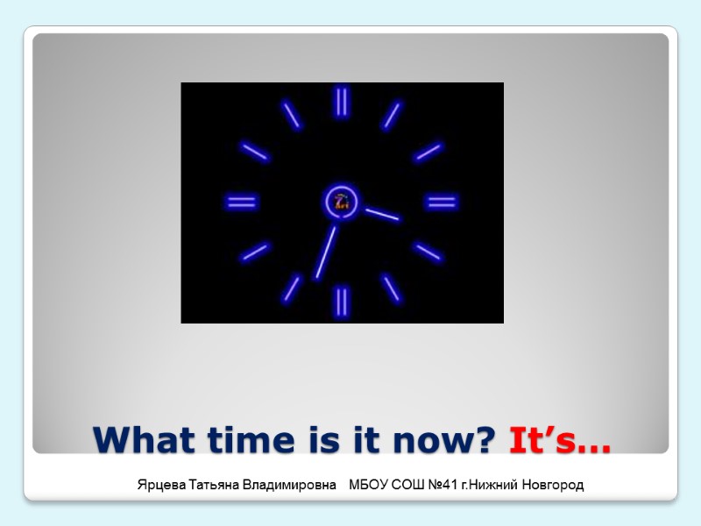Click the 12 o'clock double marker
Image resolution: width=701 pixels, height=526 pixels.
[342, 102]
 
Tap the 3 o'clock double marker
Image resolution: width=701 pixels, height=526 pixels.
[441, 203]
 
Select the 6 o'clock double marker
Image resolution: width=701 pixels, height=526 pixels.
[342, 302]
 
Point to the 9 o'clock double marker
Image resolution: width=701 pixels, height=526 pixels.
[242, 203]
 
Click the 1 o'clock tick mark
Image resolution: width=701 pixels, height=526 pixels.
[392, 115]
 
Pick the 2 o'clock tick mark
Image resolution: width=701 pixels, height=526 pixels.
[428, 153]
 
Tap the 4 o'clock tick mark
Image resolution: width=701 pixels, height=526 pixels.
[428, 252]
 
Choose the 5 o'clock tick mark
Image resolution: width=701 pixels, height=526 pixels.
[392, 288]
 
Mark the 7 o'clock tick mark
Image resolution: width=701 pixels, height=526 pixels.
[292, 288]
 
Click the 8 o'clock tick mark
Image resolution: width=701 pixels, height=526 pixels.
[255, 252]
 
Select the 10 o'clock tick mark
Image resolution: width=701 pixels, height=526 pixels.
[255, 153]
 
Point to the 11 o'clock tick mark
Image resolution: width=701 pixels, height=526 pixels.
[292, 115]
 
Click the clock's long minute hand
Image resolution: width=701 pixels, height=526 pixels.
[326, 252]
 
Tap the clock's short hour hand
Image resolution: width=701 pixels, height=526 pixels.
[382, 214]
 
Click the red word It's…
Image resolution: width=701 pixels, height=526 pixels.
[559, 438]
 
